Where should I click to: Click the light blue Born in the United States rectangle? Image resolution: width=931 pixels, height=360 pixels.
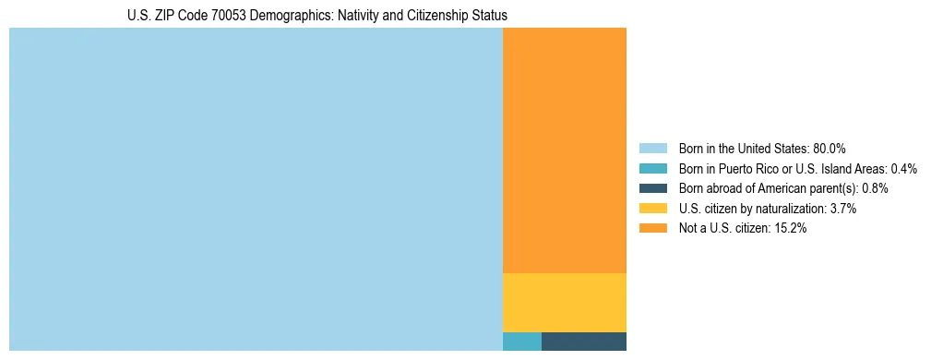pyautogui.click(x=256, y=189)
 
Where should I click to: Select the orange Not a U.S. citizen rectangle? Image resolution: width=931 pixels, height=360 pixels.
pyautogui.click(x=565, y=150)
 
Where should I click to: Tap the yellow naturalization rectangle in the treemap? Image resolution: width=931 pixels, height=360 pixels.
pyautogui.click(x=565, y=302)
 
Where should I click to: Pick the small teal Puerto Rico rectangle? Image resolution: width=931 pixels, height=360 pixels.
pyautogui.click(x=522, y=342)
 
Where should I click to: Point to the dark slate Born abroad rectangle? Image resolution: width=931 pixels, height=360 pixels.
pyautogui.click(x=584, y=342)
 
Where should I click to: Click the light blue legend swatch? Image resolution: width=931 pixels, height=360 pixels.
pyautogui.click(x=652, y=149)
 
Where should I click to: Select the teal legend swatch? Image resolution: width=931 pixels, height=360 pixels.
pyautogui.click(x=652, y=169)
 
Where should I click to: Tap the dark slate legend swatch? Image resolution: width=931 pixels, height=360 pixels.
pyautogui.click(x=652, y=188)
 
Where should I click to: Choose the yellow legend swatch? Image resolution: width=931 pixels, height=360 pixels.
pyautogui.click(x=652, y=209)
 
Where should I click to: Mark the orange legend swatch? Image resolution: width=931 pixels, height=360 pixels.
pyautogui.click(x=652, y=229)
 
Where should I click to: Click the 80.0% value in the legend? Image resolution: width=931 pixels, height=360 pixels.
pyautogui.click(x=830, y=149)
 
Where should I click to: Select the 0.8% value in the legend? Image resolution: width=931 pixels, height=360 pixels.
pyautogui.click(x=876, y=188)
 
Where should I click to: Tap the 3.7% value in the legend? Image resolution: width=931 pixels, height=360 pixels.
pyautogui.click(x=843, y=209)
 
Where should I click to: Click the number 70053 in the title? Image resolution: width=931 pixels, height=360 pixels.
pyautogui.click(x=231, y=16)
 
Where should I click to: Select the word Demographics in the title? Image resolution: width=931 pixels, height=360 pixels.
pyautogui.click(x=290, y=16)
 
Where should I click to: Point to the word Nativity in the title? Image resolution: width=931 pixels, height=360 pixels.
pyautogui.click(x=360, y=16)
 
